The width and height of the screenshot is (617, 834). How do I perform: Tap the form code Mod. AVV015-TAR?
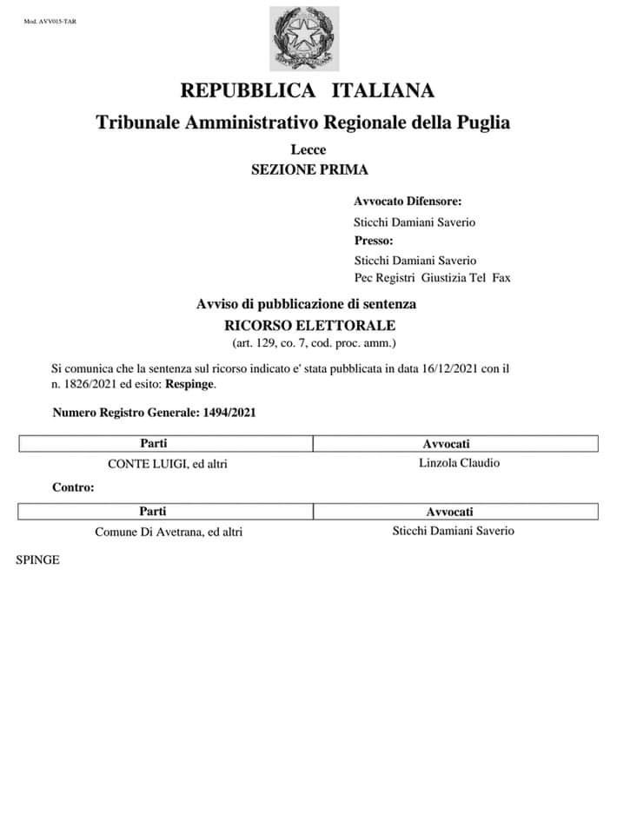point(50,22)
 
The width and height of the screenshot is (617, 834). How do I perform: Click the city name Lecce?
point(308,150)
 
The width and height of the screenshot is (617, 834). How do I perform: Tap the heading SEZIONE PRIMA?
point(308,169)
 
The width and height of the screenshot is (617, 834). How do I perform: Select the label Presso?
point(374,240)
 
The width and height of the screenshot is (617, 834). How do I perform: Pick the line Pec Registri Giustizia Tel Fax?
point(432,278)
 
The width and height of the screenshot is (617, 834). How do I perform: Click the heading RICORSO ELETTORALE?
point(308,325)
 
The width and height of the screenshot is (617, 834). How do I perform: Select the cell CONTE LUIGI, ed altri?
point(167,464)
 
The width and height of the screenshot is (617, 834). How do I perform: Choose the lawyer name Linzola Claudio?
point(459,462)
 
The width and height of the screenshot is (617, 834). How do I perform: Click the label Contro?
point(73,487)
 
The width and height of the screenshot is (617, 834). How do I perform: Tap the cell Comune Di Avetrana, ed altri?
point(169,532)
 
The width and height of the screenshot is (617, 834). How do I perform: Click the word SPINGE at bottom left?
point(37,560)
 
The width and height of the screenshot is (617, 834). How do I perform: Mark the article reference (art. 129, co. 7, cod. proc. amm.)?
point(308,343)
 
